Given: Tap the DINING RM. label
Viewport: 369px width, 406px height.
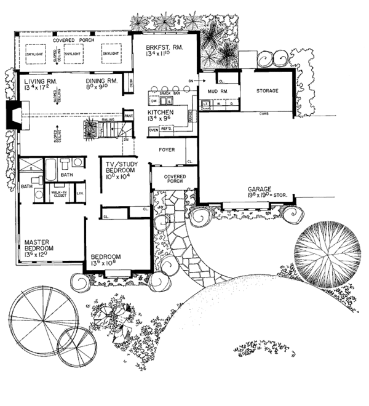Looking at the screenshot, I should click(x=99, y=81).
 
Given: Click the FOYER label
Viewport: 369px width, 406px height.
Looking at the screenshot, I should click(x=168, y=149).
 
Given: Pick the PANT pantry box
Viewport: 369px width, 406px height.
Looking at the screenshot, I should click(x=129, y=114).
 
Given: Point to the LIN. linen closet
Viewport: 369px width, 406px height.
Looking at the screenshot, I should click(x=80, y=194).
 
